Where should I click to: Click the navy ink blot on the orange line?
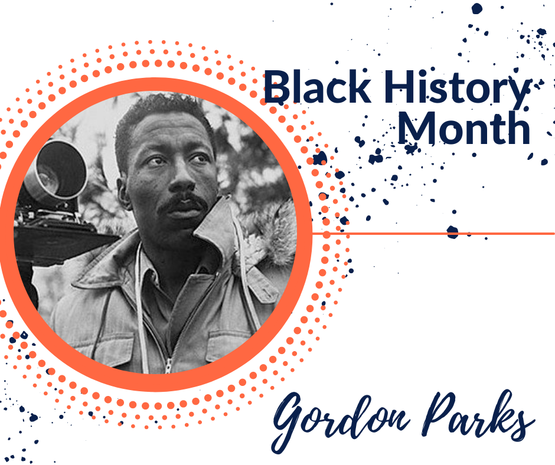coord(453,232)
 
